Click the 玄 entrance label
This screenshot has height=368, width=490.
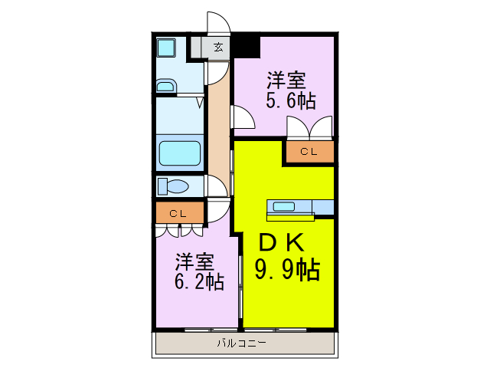coord(218,48)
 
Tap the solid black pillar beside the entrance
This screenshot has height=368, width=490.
coord(245,45)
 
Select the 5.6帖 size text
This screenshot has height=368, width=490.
coord(291,100)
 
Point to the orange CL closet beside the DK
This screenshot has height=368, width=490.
coord(309,152)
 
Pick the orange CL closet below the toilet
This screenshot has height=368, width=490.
coord(178,212)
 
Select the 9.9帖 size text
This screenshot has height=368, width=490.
coord(286,269)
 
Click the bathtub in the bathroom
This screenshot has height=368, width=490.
coord(179,155)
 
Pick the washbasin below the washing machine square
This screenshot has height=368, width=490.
coord(167,84)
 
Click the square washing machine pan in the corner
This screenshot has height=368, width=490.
coord(167,48)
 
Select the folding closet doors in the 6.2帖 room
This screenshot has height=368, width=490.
coord(179,229)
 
